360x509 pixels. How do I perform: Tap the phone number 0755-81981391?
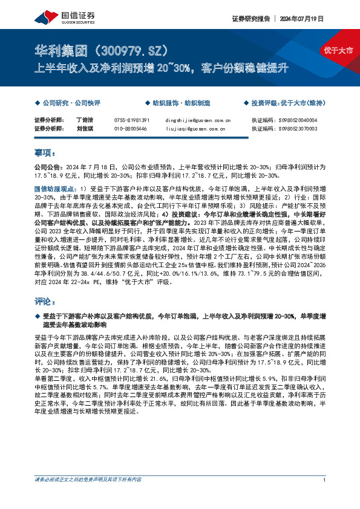[x=131, y=120]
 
